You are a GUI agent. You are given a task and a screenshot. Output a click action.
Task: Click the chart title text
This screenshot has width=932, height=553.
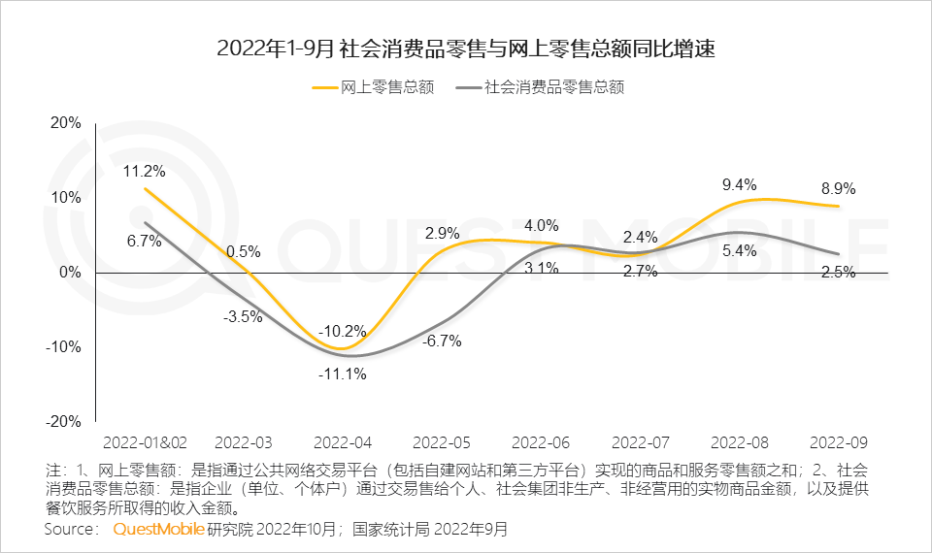tap(466, 49)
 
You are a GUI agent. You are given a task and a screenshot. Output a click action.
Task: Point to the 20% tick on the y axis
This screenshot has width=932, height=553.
tap(65, 123)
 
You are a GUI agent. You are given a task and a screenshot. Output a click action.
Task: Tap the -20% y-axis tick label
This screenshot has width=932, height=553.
tap(63, 422)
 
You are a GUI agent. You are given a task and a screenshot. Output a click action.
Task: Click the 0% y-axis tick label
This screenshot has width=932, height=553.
tap(70, 273)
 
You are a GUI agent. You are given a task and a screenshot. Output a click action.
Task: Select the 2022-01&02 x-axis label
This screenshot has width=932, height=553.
tap(143, 441)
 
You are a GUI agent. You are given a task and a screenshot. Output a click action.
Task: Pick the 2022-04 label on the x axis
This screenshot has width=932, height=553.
tap(343, 441)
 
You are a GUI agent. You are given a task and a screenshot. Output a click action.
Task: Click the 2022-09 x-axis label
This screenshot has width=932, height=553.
tap(838, 441)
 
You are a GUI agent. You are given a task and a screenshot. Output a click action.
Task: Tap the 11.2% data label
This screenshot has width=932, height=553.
tap(144, 172)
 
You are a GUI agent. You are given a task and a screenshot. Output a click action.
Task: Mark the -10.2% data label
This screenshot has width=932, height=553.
tap(343, 330)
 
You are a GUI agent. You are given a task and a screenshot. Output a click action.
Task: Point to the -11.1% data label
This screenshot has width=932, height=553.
tap(343, 374)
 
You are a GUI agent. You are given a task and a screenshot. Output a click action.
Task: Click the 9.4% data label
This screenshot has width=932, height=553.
tap(739, 184)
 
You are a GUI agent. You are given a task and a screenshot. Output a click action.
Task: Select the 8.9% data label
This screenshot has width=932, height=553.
tap(838, 189)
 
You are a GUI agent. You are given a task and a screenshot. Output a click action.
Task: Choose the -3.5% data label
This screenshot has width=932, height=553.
tap(243, 316)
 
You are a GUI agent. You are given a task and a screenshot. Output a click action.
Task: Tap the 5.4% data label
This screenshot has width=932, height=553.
tap(739, 251)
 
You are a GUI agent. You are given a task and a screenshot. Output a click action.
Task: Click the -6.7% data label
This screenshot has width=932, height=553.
tap(441, 341)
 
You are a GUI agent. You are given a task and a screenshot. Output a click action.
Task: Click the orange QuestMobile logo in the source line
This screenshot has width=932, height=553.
tap(158, 530)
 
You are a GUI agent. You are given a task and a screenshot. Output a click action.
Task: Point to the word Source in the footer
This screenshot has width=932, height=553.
tap(71, 530)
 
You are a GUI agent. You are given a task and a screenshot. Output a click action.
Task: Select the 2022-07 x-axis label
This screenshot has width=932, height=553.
tap(640, 441)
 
